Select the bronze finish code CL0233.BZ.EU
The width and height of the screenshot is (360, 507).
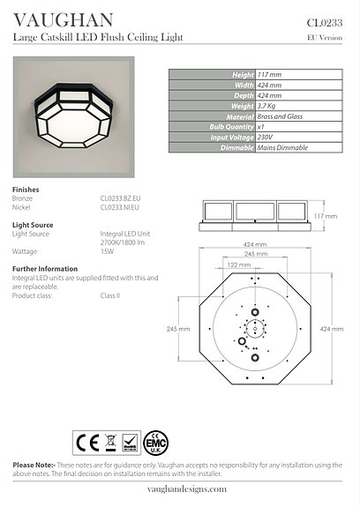click(x=120, y=199)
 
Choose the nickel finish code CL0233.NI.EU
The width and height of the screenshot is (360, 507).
click(x=120, y=208)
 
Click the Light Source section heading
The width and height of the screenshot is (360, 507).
click(x=33, y=225)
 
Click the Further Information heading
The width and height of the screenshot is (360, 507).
click(x=45, y=268)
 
